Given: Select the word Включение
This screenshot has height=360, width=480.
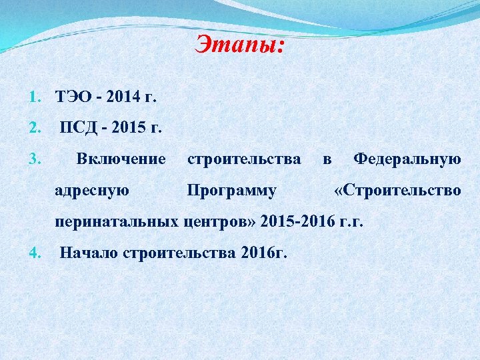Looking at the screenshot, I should pos(121,159).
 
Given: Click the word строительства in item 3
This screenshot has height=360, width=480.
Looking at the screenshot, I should pos(244,159).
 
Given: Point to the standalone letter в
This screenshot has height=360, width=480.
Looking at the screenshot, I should pos(327,159).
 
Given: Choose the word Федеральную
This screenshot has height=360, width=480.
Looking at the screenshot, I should pos(407,159).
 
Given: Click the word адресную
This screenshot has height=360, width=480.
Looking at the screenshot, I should pos(93,191).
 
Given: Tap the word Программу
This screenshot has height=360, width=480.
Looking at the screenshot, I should pos(231,191).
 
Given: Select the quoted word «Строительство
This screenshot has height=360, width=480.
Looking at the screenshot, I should pos(397,191).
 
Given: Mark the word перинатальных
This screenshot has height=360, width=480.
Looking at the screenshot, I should pos(116,221).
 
